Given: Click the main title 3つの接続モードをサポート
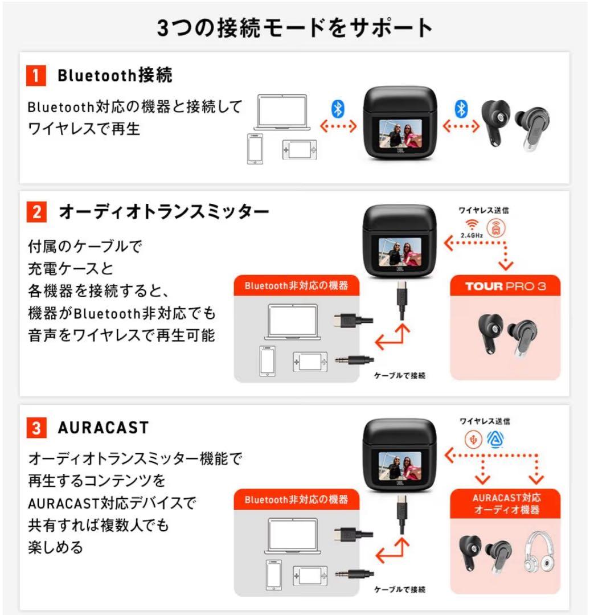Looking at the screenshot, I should tap(294, 27).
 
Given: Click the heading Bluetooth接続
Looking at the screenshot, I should tap(114, 75).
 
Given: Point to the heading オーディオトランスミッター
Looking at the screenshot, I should tap(163, 213).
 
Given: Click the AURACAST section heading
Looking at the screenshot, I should tap(103, 428).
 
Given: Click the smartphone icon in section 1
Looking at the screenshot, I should tap(255, 149).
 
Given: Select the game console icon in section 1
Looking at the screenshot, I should tap(298, 150).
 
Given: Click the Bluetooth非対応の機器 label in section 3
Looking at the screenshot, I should tap(296, 499).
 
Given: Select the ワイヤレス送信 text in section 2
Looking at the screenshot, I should tap(484, 210).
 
